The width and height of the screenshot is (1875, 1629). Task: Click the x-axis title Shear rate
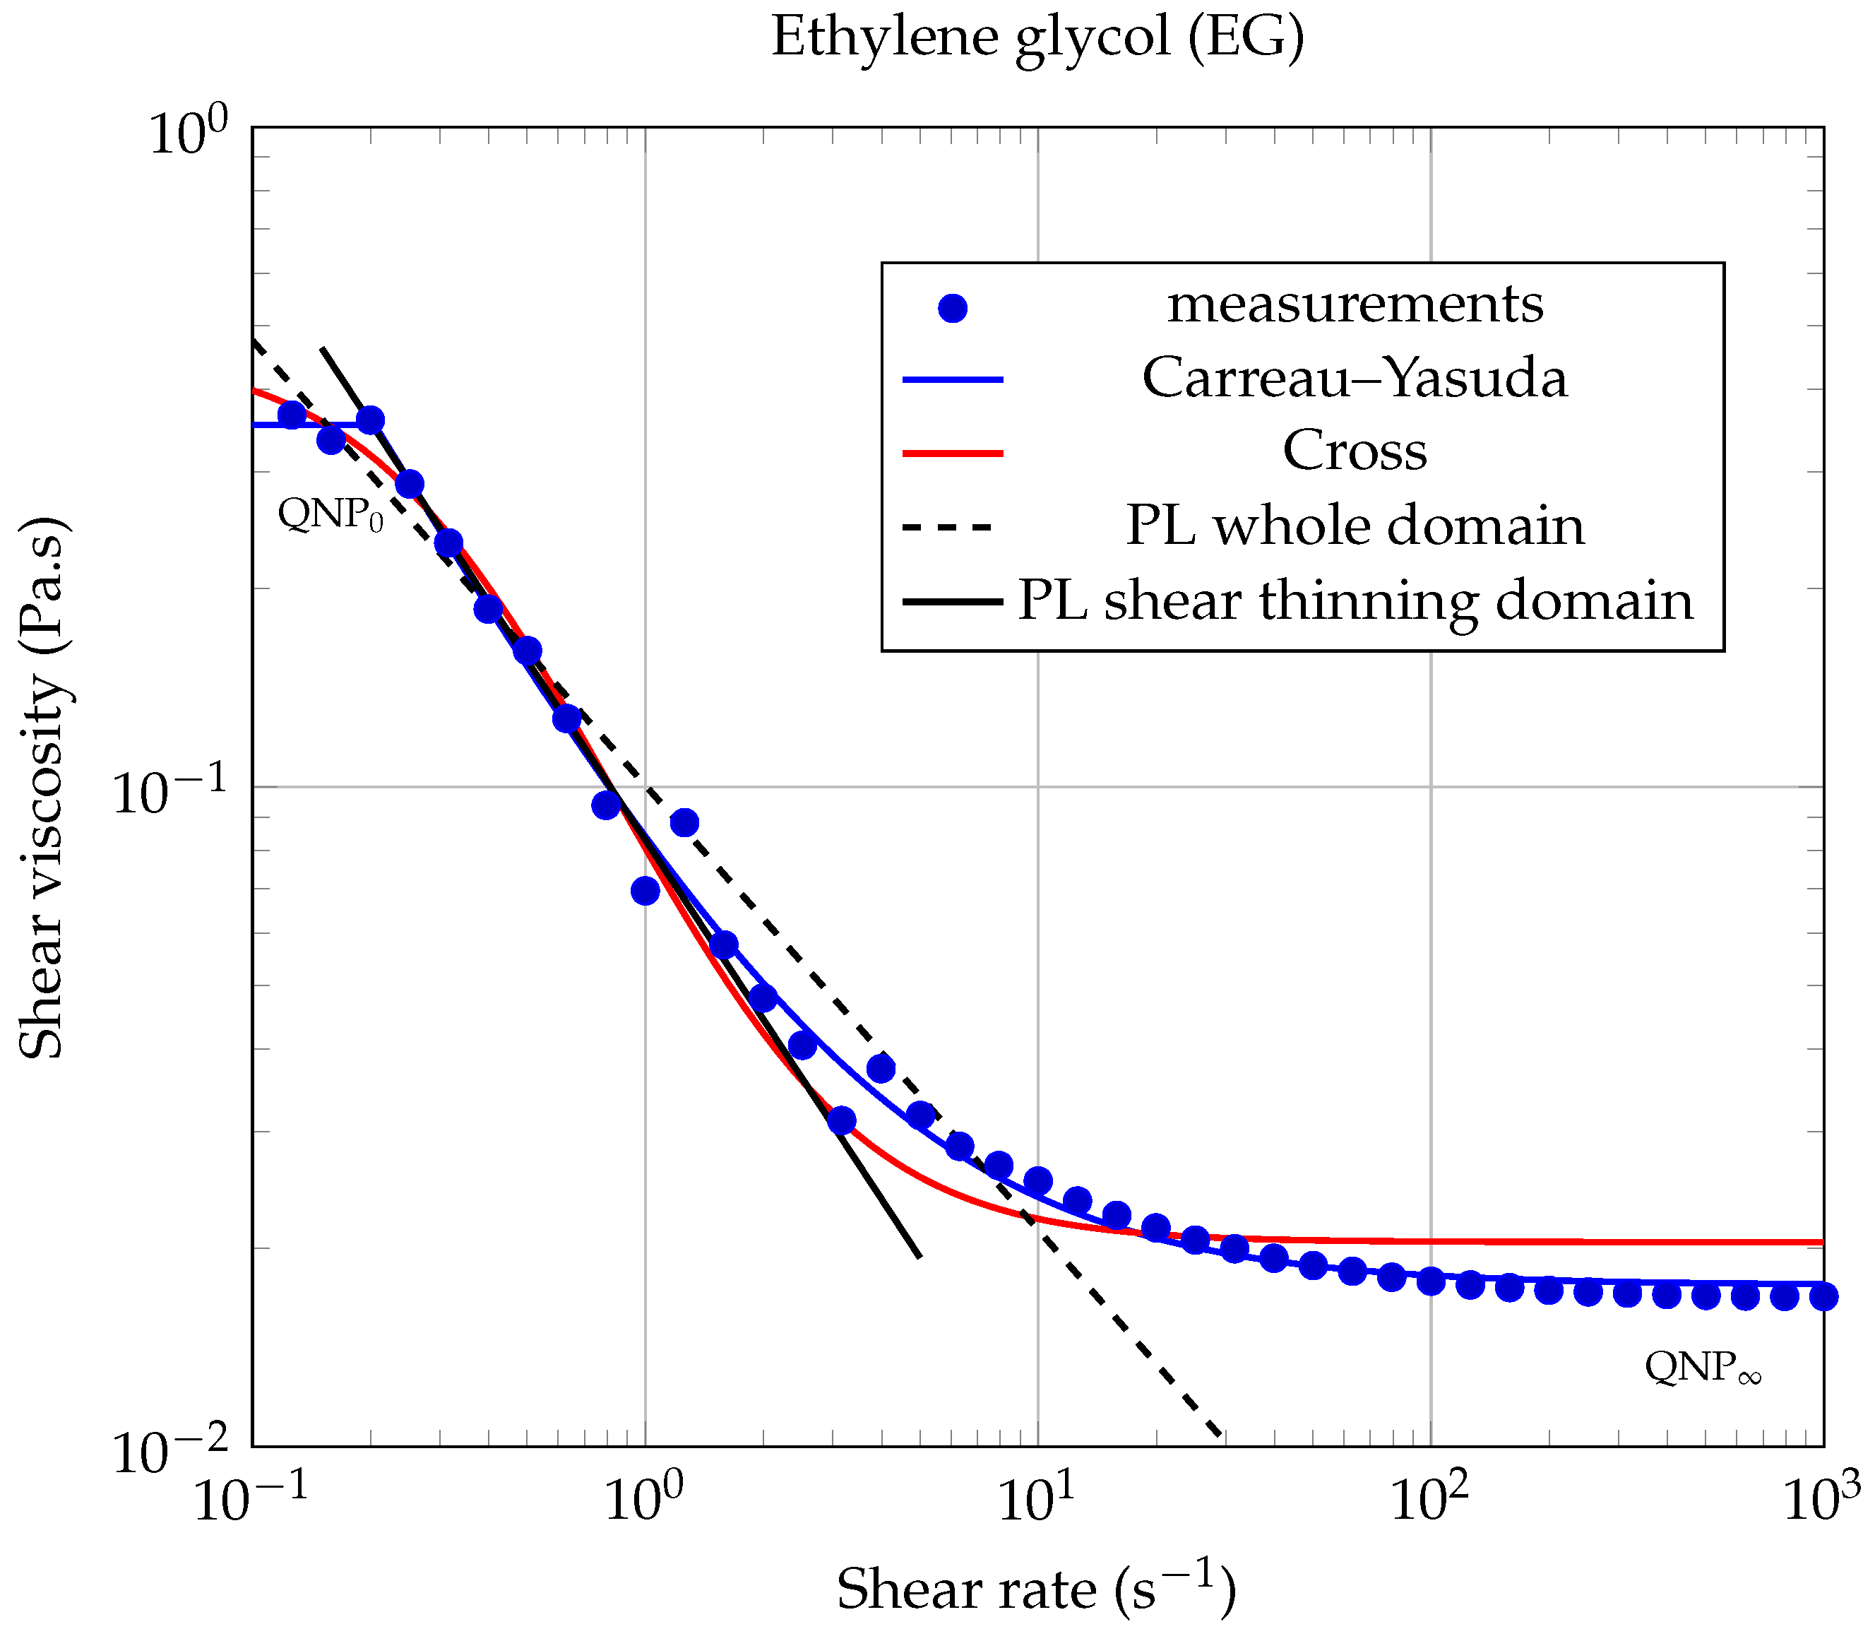[x=1035, y=1589]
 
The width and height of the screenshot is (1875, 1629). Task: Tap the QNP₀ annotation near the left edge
[x=330, y=514]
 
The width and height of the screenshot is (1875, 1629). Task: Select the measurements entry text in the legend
[x=1355, y=304]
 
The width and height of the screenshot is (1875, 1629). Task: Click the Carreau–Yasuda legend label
[x=1355, y=378]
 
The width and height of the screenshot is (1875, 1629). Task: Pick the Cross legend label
[x=1355, y=451]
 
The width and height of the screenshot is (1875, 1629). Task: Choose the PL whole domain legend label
[x=1355, y=526]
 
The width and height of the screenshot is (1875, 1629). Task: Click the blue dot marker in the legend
[x=951, y=308]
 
